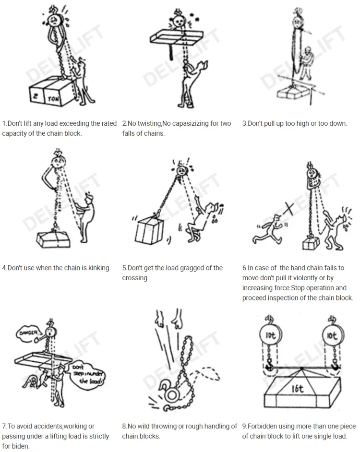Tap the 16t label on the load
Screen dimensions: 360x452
click(x=298, y=389)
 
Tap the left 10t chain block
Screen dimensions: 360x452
click(x=270, y=335)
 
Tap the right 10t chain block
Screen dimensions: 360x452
click(x=332, y=335)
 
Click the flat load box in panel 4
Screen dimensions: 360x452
click(x=53, y=239)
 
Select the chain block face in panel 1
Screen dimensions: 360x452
click(x=54, y=20)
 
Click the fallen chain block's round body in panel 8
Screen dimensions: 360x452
click(x=172, y=395)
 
